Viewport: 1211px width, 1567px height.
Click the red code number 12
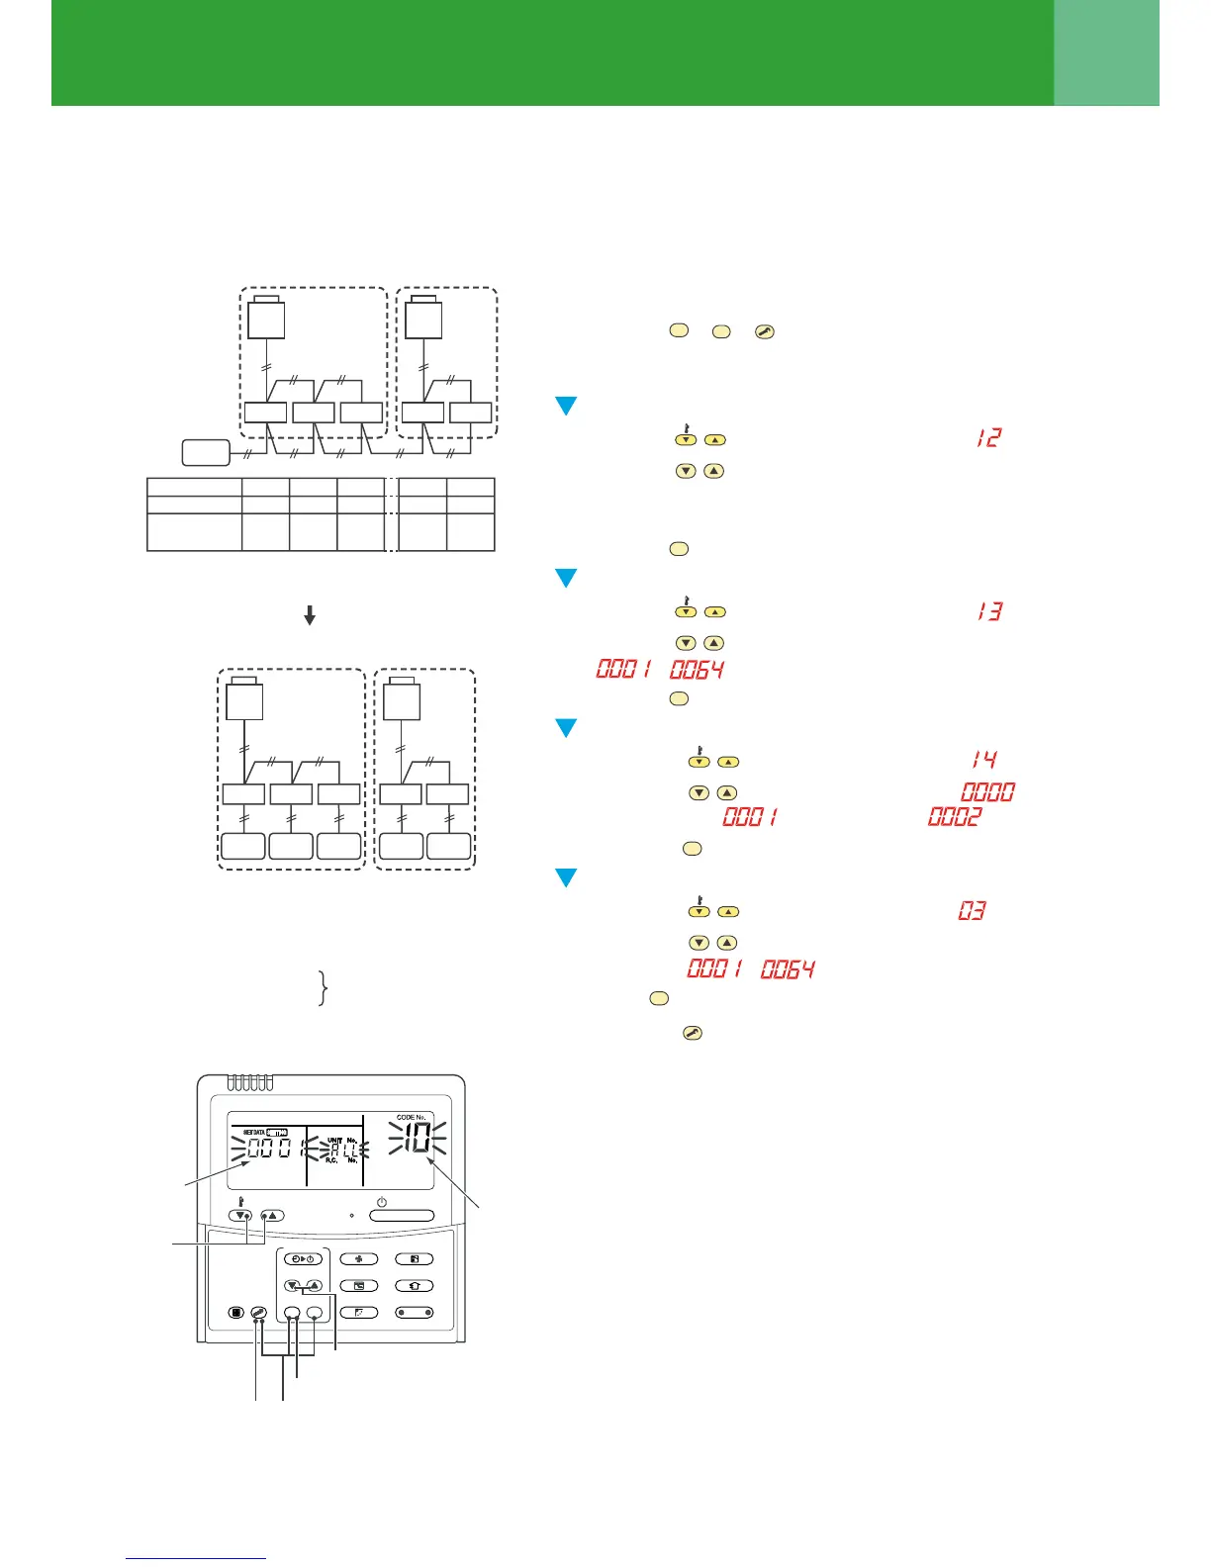988,437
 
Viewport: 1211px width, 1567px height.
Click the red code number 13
988,611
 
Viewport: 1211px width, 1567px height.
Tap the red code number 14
983,760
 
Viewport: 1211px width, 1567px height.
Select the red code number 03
972,910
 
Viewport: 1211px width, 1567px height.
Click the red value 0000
987,792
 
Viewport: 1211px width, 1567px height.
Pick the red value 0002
955,817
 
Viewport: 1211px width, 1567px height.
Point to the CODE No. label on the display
411,1117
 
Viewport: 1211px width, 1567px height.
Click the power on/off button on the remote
402,1216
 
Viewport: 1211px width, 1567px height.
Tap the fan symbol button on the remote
358,1259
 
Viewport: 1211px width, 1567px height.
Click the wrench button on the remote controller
258,1313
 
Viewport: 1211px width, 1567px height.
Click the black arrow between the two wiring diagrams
310,615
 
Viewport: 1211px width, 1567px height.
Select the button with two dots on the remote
414,1313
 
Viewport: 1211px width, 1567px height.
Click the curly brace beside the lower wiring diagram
323,988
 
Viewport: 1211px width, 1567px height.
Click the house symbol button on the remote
414,1286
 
